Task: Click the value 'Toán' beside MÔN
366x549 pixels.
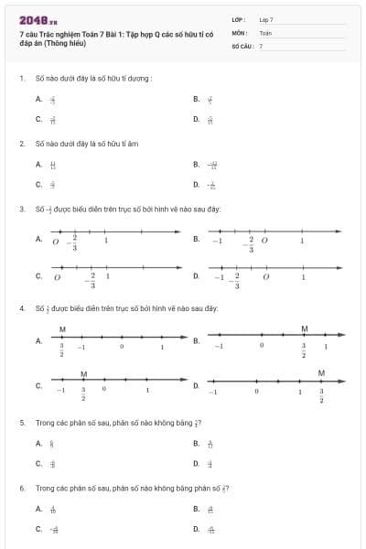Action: (x=265, y=32)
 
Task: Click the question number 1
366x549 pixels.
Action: (x=21, y=78)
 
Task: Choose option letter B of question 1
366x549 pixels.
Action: (x=196, y=99)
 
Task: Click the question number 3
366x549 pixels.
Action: (x=21, y=210)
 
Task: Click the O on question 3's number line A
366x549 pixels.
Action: (x=56, y=242)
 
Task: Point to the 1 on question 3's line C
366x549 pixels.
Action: (x=108, y=275)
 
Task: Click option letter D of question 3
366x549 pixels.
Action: (x=196, y=275)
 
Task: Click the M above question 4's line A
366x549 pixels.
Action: (x=62, y=328)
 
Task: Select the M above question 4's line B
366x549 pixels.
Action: (x=305, y=328)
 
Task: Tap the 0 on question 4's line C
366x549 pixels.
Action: (x=104, y=389)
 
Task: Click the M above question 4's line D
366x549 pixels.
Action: (x=321, y=372)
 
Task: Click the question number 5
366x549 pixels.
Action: (x=21, y=423)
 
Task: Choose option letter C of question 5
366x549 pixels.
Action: (x=38, y=463)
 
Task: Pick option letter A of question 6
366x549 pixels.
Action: (x=38, y=509)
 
